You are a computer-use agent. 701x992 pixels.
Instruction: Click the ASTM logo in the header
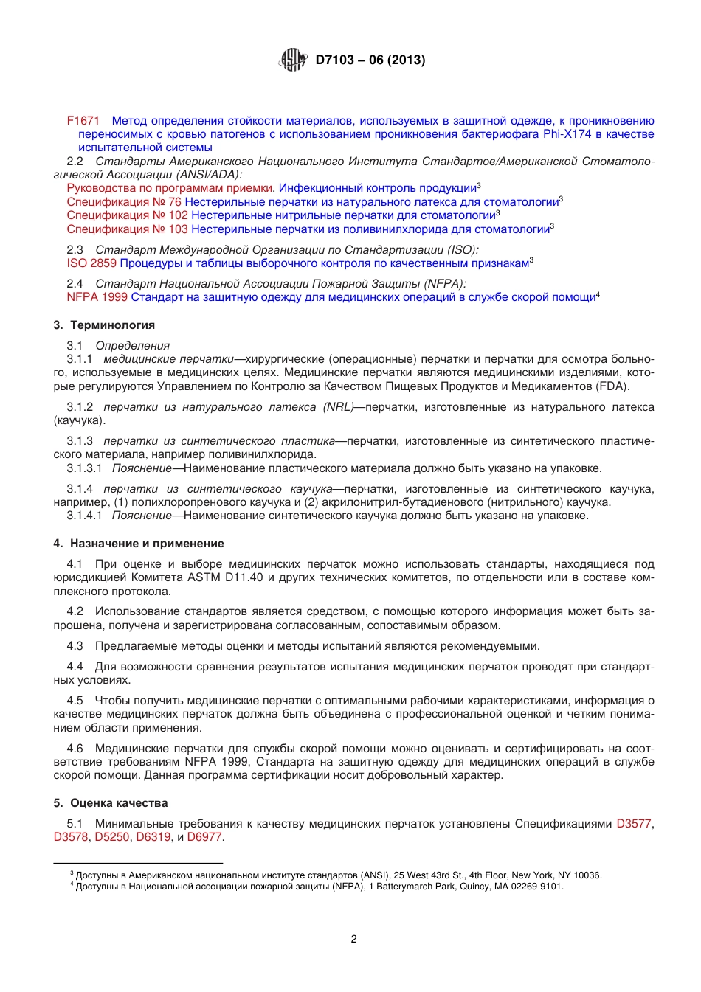coord(293,60)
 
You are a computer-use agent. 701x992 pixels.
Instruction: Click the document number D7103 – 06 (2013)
coord(370,60)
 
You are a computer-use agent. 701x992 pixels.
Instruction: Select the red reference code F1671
coord(83,121)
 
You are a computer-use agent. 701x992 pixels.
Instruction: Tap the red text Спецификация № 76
coord(124,202)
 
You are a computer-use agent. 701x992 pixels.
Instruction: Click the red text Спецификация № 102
coord(127,215)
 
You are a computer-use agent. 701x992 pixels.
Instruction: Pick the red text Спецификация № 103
coord(127,229)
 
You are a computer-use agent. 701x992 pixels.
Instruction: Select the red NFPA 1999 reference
coord(97,297)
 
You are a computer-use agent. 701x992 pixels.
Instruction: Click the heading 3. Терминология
coord(104,325)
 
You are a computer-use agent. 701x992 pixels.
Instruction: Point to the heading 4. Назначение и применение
coord(138,544)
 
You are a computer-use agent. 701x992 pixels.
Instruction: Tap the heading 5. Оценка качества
coord(110,803)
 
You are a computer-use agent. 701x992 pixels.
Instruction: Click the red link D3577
coord(633,824)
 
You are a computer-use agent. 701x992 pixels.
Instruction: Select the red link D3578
coord(71,837)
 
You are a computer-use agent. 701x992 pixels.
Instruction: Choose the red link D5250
coord(112,837)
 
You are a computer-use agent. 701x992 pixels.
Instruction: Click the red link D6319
coord(153,837)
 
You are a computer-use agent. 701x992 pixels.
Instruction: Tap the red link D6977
coord(204,837)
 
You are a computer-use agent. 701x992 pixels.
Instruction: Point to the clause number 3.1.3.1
coord(84,468)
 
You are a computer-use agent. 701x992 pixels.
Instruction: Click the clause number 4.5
coord(75,701)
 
